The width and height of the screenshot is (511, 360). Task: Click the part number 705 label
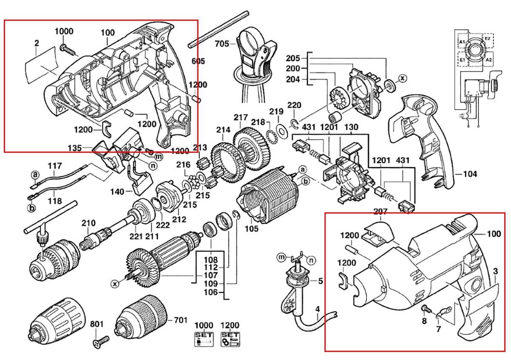[x=222, y=43]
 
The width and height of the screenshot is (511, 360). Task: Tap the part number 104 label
[x=470, y=174]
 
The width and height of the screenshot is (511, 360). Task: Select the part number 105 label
[x=252, y=229]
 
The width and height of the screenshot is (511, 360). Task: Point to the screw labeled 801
[x=100, y=341]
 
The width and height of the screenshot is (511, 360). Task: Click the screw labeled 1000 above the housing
[x=67, y=49]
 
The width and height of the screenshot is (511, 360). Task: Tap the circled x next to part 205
[x=402, y=78]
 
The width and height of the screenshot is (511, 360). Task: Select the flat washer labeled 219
[x=281, y=129]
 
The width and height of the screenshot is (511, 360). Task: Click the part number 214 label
[x=223, y=130]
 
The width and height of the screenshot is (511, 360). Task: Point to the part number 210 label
[x=89, y=223]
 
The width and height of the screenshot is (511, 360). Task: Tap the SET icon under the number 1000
[x=203, y=339]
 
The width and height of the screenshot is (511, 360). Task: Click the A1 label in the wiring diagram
[x=462, y=41]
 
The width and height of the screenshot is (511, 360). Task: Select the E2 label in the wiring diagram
[x=488, y=38]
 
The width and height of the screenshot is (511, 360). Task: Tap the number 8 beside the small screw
[x=424, y=320]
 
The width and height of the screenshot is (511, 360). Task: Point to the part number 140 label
[x=117, y=192]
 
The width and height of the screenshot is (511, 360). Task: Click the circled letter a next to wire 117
[x=36, y=174]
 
